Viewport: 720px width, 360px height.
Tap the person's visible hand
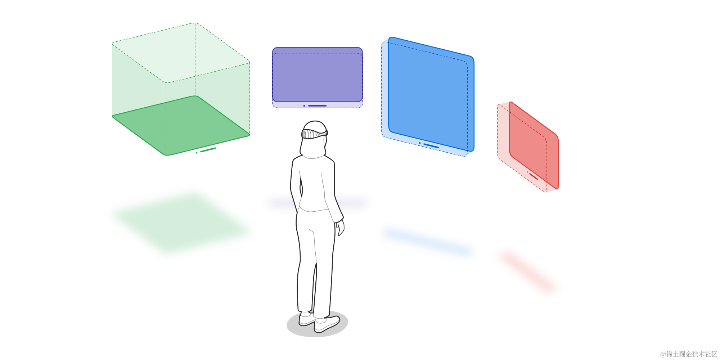[x=340, y=229]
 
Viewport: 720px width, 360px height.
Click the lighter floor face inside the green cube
[x=180, y=122]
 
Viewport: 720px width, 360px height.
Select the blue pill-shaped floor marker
[x=427, y=242]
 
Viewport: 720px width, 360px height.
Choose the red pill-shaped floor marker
[x=527, y=272]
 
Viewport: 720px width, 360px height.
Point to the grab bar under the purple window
[x=317, y=106]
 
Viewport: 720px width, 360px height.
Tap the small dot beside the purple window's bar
[x=304, y=106]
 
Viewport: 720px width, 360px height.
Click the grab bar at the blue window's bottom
[x=430, y=145]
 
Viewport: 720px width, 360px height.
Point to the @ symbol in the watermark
[x=662, y=354]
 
